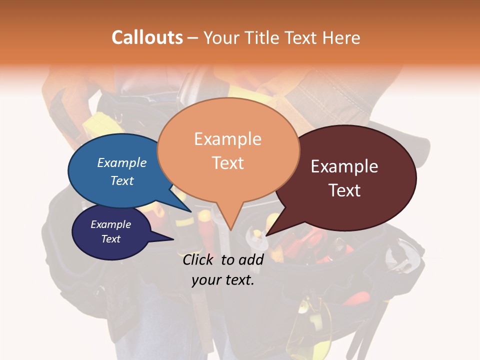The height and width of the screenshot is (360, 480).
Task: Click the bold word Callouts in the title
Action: [147, 37]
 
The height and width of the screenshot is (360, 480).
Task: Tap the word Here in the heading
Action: [341, 38]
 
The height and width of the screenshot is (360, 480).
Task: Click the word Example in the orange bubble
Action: [227, 139]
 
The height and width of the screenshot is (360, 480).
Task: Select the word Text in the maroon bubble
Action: [344, 190]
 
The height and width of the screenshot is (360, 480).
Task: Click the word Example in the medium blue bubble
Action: [121, 163]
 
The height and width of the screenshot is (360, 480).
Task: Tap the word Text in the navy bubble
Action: [110, 239]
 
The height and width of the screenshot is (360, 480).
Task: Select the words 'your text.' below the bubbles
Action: [223, 280]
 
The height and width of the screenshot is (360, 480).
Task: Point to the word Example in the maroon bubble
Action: [344, 166]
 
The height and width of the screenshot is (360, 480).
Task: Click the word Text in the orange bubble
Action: [228, 163]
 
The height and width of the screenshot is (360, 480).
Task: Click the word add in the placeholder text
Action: [251, 259]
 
